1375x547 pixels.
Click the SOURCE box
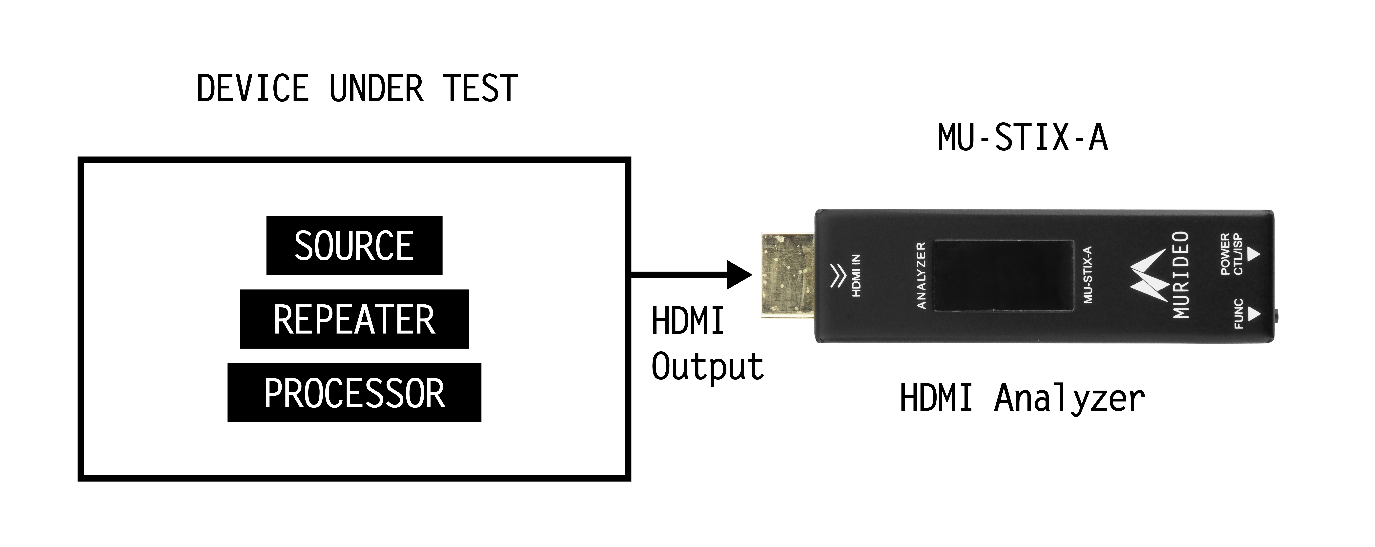coord(354,246)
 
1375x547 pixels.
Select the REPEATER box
coord(354,319)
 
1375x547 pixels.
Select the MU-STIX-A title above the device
coord(1022,138)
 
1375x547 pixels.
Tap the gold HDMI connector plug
coord(787,276)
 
